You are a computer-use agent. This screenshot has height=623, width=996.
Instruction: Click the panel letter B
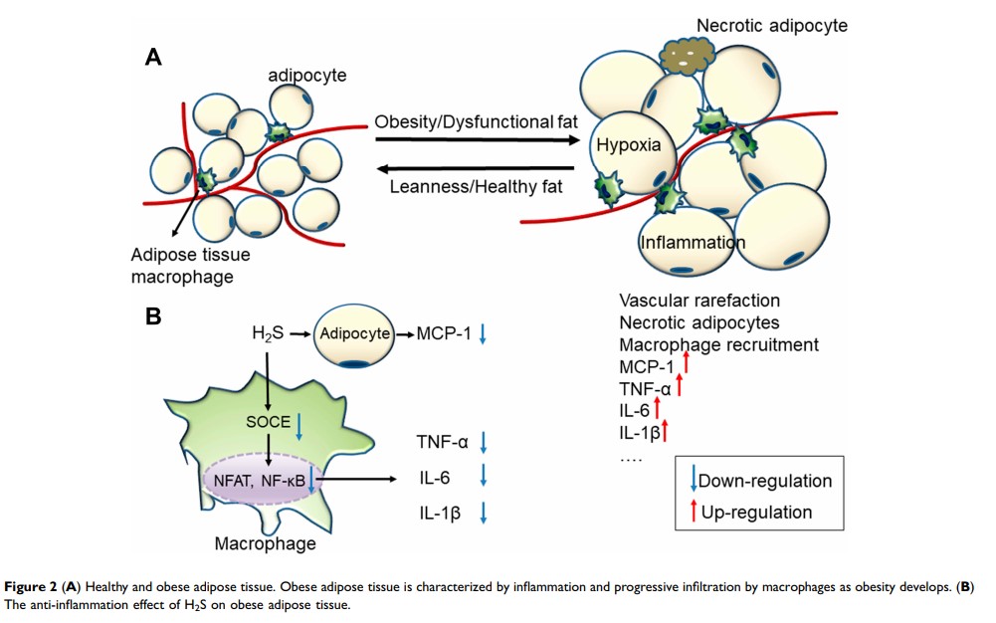tap(153, 316)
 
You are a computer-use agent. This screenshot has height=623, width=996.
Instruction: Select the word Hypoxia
tap(628, 145)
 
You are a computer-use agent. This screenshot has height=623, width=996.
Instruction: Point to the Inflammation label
tap(693, 242)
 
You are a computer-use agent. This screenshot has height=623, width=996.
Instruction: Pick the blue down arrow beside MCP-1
tap(483, 335)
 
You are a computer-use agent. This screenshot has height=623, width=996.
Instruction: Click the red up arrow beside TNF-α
tap(680, 385)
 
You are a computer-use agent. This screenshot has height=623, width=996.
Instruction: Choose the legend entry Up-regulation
tap(754, 513)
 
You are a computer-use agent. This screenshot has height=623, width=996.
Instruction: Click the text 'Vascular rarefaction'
tap(699, 300)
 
